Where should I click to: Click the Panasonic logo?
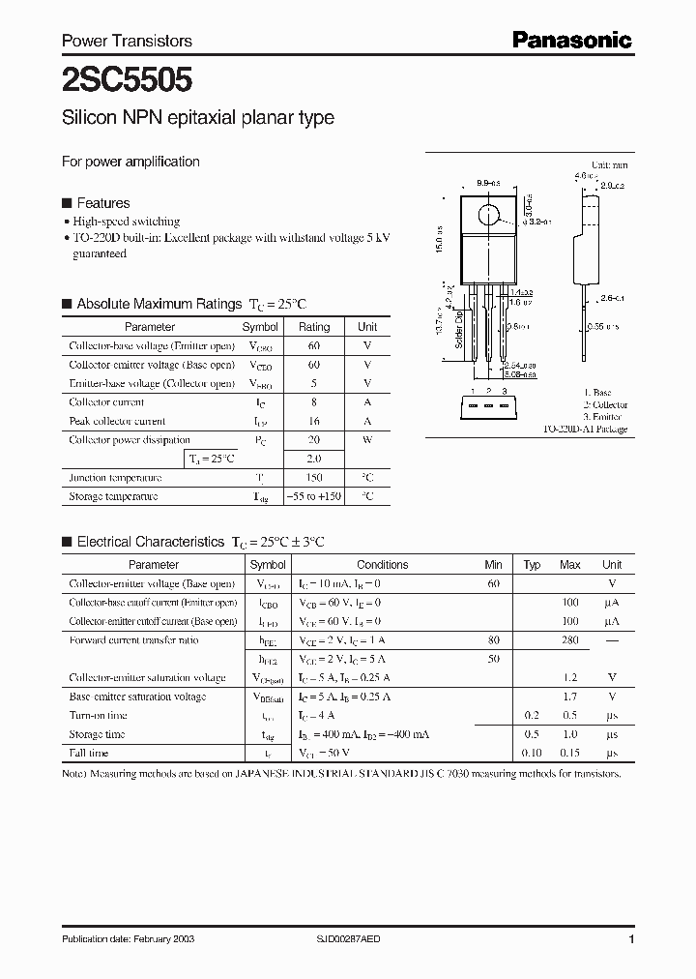coord(571,40)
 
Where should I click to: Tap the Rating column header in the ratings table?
coord(314,327)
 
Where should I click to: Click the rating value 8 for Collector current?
coord(314,402)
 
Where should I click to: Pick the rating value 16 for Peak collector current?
coord(314,421)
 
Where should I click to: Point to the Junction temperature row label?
coord(115,478)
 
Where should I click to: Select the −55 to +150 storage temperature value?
coord(314,496)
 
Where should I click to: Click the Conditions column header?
coord(383,565)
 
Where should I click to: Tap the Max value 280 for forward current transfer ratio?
coord(569,640)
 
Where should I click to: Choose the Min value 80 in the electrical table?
coord(493,640)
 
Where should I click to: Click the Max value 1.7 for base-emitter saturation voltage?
coord(569,697)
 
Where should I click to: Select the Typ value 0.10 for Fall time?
coord(532,753)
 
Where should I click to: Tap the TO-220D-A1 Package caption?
coord(587,429)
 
